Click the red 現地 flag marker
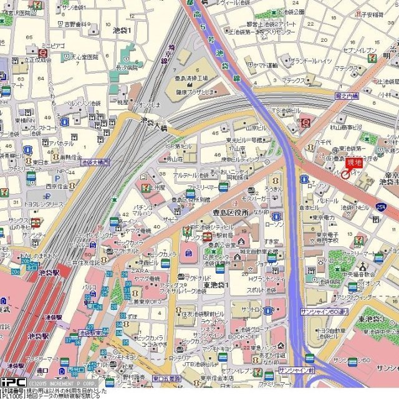(x=353, y=164)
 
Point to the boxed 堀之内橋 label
(x=346, y=96)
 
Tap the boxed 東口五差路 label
(x=166, y=377)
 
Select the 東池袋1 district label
(x=216, y=285)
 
